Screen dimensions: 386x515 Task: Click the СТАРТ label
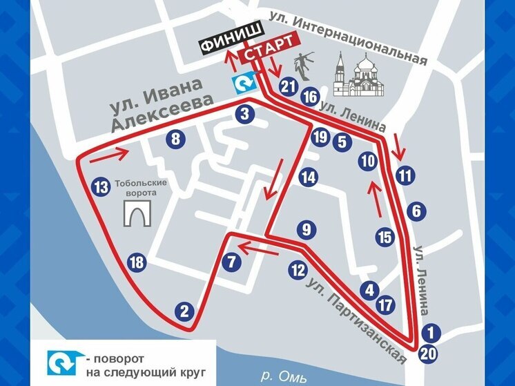click(x=262, y=55)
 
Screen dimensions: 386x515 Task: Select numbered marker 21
click(x=289, y=86)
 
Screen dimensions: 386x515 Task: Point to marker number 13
click(x=101, y=186)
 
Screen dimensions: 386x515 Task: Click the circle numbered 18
click(x=137, y=262)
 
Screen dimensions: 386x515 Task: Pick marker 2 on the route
click(x=184, y=311)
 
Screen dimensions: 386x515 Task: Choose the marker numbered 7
click(x=231, y=262)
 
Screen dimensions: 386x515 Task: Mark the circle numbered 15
click(x=385, y=237)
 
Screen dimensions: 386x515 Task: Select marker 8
click(x=177, y=139)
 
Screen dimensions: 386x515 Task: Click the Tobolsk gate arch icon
click(x=137, y=215)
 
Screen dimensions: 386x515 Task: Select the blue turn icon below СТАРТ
click(x=243, y=84)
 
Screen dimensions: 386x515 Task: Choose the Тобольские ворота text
click(x=139, y=188)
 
